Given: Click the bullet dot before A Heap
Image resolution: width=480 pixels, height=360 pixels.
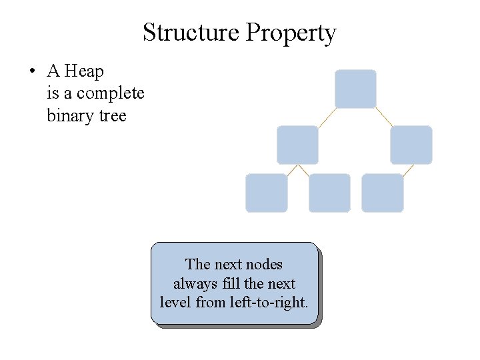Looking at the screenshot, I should coord(32,71).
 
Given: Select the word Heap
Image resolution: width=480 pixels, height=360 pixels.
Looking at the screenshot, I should coord(84,71).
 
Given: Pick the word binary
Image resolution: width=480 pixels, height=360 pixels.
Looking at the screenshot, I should coord(69,116).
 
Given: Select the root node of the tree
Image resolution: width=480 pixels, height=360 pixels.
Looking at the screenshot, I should coord(355,89).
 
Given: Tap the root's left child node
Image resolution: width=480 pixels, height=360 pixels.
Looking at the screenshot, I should coord(297,145).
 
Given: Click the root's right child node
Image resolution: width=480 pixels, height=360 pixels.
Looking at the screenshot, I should coord(411,145).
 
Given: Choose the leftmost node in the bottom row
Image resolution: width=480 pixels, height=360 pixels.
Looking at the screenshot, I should coord(267,193).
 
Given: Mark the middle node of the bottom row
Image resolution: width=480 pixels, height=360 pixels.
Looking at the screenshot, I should coord(329,193).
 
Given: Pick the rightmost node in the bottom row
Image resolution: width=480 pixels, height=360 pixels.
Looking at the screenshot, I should coord(382,193).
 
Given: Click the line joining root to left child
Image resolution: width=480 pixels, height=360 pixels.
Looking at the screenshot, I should coord(327,117).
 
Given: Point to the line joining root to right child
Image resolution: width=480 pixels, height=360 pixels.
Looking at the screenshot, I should coord(384,117).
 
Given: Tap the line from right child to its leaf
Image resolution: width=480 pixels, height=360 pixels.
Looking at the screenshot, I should coord(408,169).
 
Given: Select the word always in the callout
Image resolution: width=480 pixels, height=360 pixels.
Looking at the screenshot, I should coord(195,283).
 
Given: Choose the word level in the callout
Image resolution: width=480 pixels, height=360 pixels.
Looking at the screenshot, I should coord(175,302).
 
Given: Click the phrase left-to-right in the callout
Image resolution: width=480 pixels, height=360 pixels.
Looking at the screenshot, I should coord(269,302).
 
